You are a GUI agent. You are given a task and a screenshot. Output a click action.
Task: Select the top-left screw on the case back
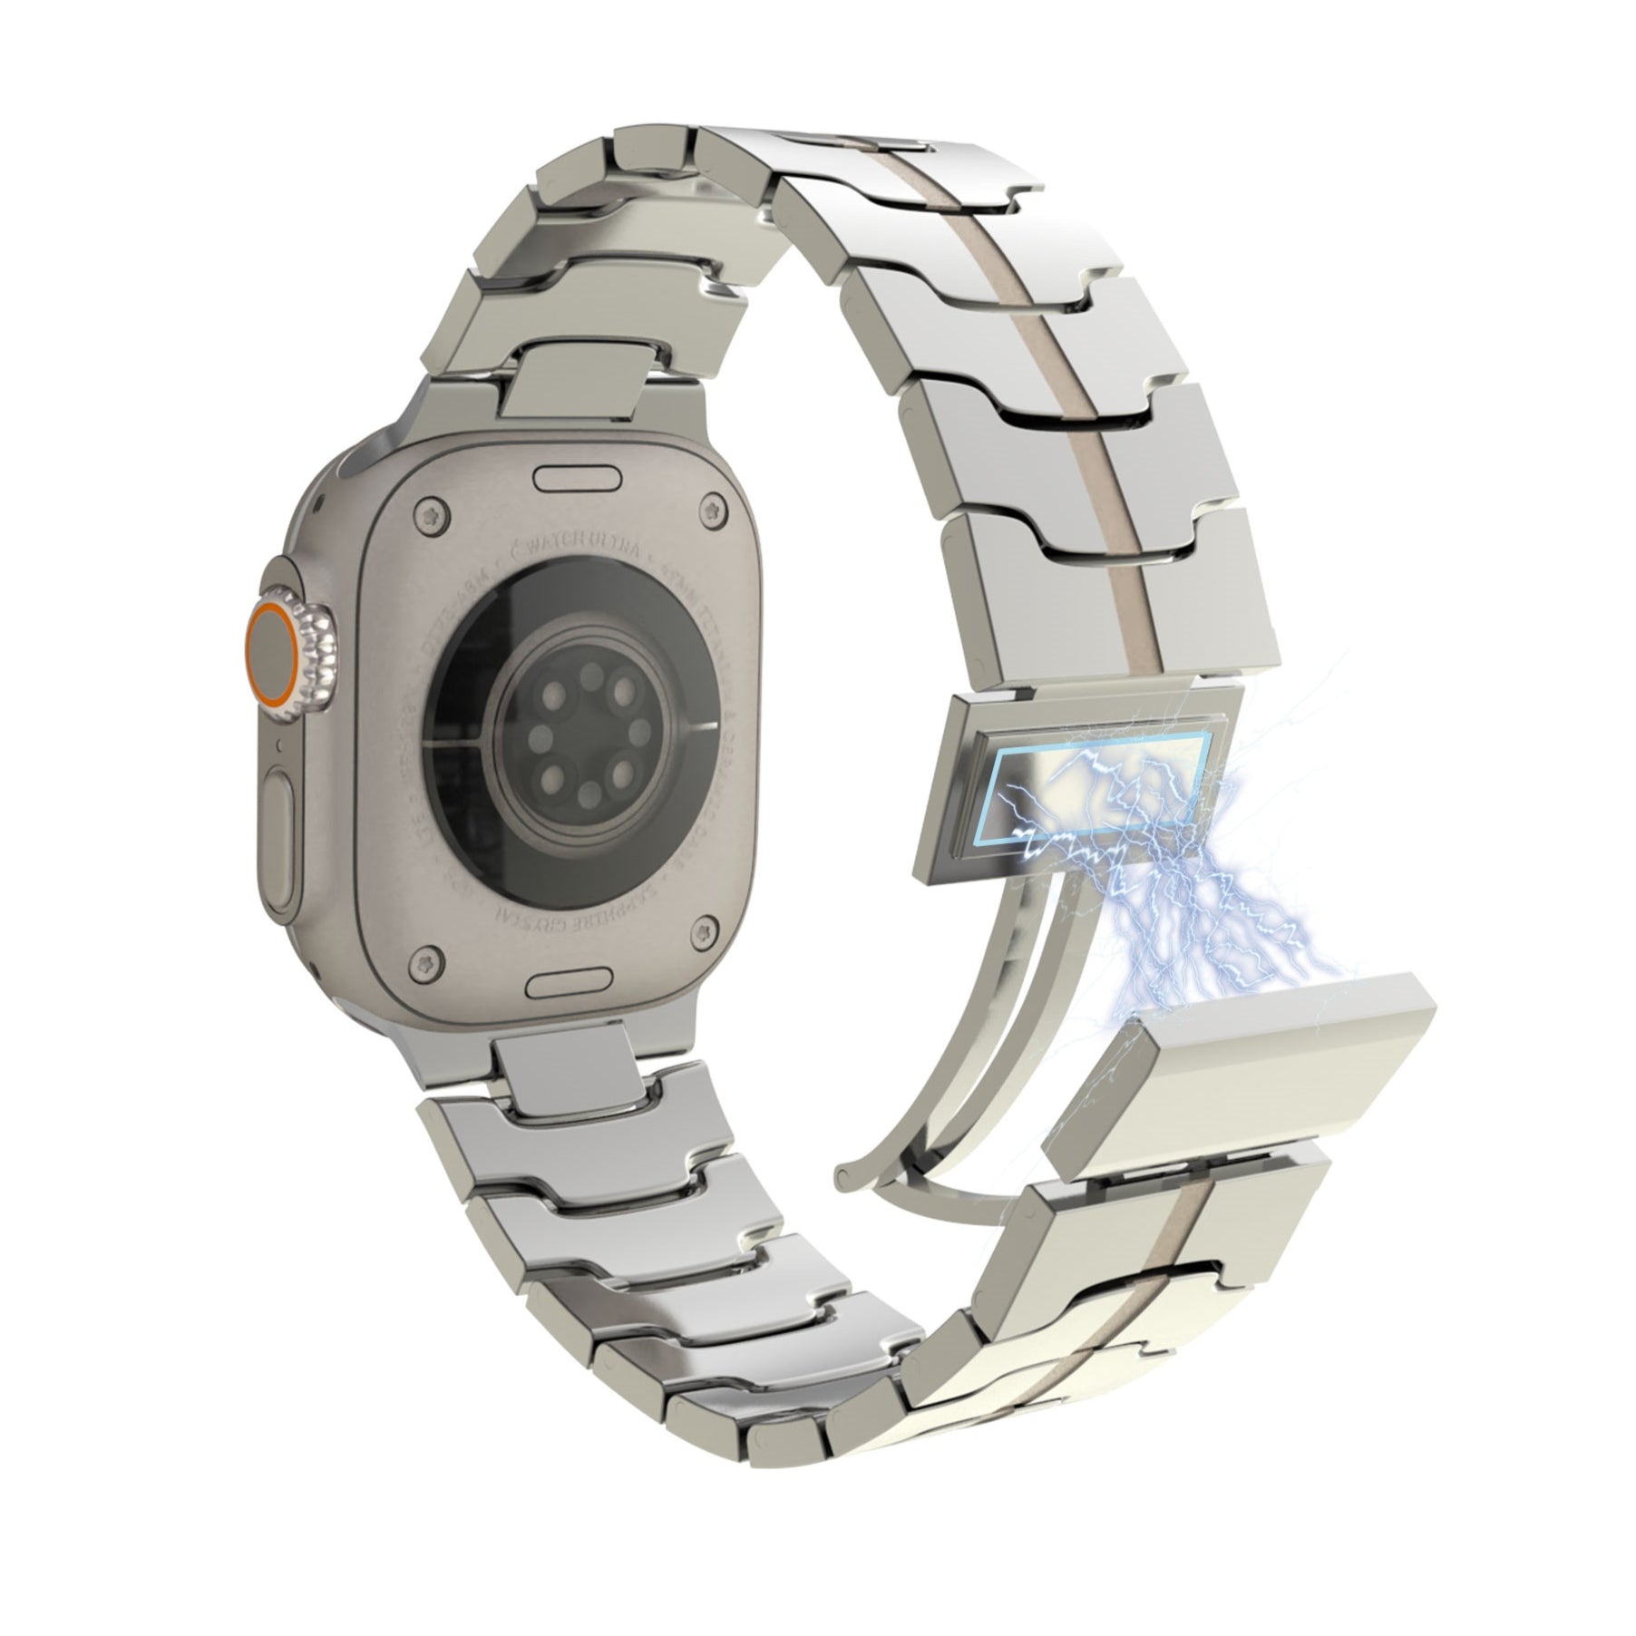(x=432, y=518)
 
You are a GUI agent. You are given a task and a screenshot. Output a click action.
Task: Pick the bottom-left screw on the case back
(x=432, y=964)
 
